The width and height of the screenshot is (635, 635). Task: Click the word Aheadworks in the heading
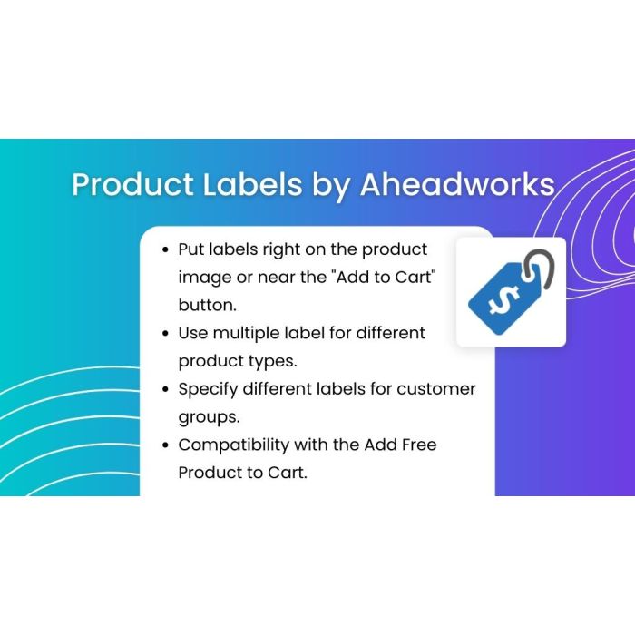pyautogui.click(x=456, y=184)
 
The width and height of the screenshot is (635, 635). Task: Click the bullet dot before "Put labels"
pyautogui.click(x=165, y=249)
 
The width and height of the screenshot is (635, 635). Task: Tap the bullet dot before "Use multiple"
pyautogui.click(x=165, y=333)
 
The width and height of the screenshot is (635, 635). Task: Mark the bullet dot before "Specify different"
pyautogui.click(x=165, y=389)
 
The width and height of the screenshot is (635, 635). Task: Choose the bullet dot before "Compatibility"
pyautogui.click(x=165, y=445)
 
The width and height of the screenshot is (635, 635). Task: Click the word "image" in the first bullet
pyautogui.click(x=204, y=276)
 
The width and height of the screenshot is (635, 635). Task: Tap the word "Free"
pyautogui.click(x=414, y=444)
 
